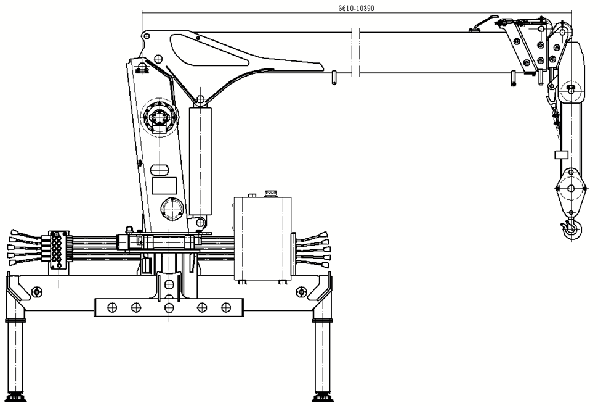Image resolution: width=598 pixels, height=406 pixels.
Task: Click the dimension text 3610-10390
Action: click(356, 8)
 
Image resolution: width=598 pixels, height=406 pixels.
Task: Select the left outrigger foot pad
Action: click(15, 399)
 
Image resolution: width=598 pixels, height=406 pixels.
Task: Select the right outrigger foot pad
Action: click(322, 399)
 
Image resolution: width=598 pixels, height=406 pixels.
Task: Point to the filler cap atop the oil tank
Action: click(270, 194)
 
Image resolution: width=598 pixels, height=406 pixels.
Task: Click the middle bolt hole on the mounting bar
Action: click(169, 307)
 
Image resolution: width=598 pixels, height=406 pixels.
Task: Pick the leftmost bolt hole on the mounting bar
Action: click(112, 307)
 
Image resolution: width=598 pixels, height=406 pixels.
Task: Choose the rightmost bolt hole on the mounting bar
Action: click(226, 307)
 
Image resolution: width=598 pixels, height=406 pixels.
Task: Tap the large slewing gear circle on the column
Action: click(160, 116)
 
